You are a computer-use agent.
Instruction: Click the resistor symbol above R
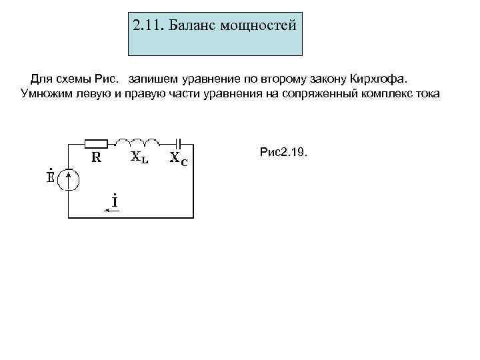98,143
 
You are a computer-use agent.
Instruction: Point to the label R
96,157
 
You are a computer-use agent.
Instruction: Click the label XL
139,158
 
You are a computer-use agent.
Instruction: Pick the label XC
179,159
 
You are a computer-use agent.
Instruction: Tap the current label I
115,200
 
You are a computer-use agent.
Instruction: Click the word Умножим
47,93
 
